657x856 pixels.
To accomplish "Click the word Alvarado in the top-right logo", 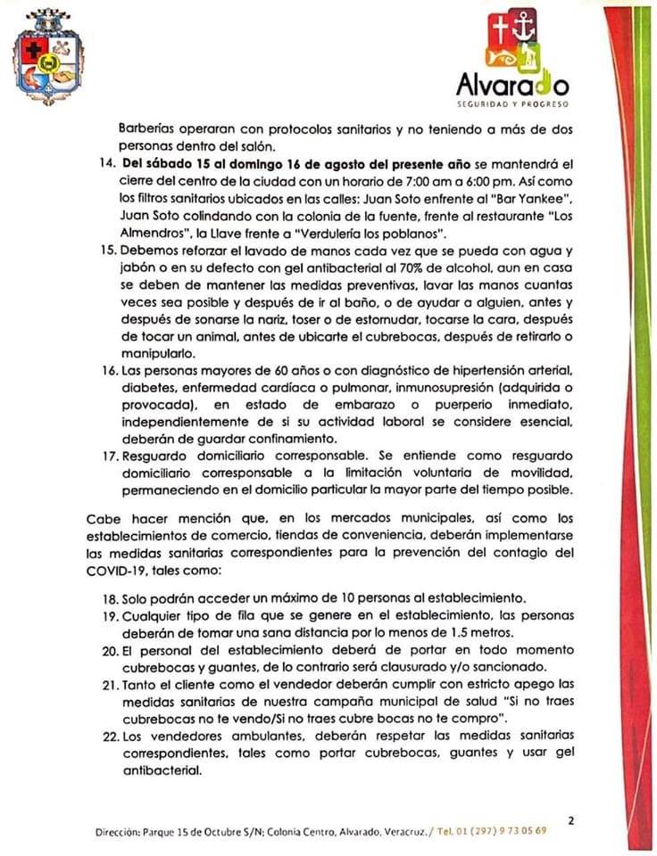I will coord(512,86).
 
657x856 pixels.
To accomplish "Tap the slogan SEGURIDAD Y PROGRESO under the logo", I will coord(512,104).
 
